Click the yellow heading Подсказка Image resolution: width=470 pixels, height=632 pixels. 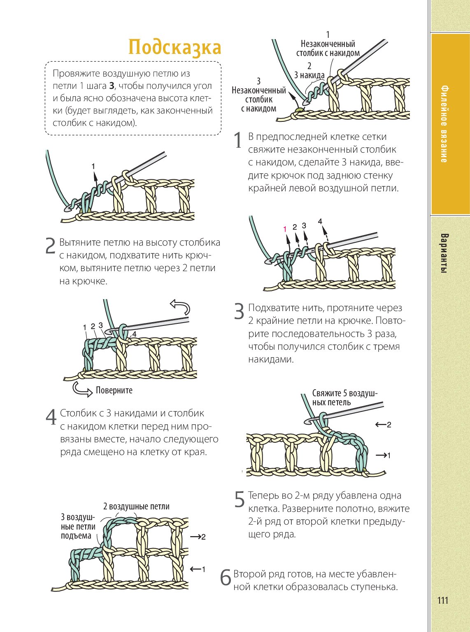(x=175, y=47)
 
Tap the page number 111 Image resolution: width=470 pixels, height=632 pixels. (x=443, y=600)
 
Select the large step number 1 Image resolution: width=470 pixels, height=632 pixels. (x=238, y=141)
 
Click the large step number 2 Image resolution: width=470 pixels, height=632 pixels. (x=50, y=246)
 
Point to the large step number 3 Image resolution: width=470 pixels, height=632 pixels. (x=239, y=311)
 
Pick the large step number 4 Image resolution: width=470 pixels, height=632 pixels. (x=51, y=417)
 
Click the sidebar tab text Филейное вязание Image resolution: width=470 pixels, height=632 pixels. (x=444, y=123)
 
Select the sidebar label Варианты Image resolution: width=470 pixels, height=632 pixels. (x=444, y=253)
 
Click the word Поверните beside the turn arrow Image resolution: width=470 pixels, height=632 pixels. (x=114, y=390)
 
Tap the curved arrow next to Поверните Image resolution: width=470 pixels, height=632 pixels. (x=82, y=389)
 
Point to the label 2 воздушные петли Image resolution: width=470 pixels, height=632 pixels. (x=136, y=506)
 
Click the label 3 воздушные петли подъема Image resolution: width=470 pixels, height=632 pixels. (x=78, y=526)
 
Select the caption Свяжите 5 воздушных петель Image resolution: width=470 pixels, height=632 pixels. (x=344, y=397)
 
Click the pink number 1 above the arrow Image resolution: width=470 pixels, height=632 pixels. (x=285, y=229)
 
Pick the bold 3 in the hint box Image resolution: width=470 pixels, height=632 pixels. (x=112, y=86)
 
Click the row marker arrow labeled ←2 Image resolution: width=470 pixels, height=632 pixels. (x=383, y=424)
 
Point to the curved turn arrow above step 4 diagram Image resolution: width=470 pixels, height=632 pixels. (x=180, y=307)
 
